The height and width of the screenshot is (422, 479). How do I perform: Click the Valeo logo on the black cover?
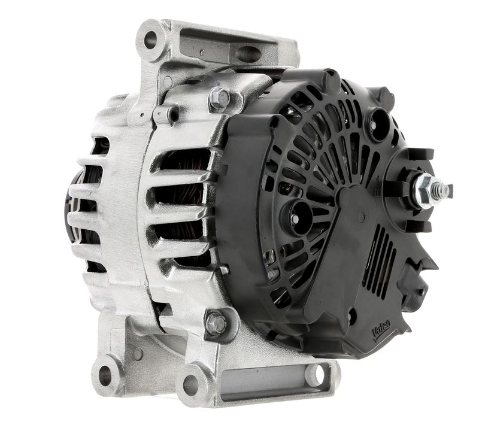pos(381,329)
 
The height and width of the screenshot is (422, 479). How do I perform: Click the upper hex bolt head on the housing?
pos(219,98)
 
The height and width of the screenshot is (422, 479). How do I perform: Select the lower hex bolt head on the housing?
pos(215,323)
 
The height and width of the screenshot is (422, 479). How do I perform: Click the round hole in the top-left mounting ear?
pos(150,40)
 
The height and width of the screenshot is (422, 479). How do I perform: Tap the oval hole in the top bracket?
pos(248,53)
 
